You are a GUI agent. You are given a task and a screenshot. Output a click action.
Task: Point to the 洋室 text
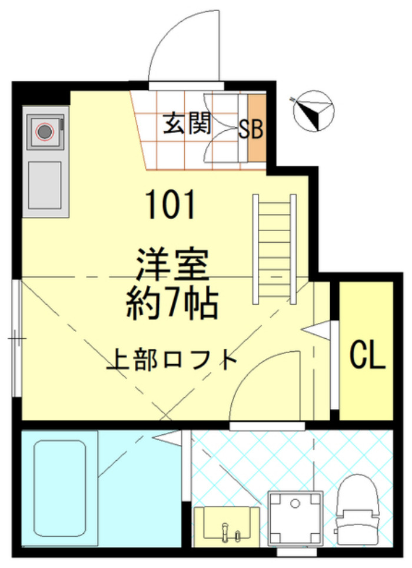(x=173, y=265)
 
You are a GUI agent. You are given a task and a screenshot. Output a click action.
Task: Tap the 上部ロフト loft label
(x=172, y=359)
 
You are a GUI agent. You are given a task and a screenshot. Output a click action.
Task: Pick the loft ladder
(x=274, y=247)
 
